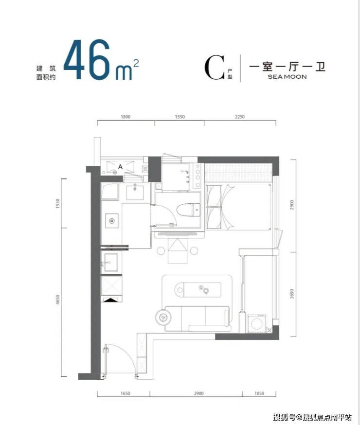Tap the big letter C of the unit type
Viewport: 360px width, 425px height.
click(x=215, y=68)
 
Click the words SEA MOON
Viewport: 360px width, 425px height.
click(x=287, y=77)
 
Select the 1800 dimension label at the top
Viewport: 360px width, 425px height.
click(x=125, y=117)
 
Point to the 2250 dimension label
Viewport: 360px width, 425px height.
click(x=240, y=117)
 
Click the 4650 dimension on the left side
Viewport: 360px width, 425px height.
click(x=57, y=299)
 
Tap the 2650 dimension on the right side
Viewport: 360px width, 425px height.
click(x=292, y=294)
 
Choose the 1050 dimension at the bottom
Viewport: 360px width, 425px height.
click(x=259, y=393)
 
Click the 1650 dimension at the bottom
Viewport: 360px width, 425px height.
click(x=125, y=393)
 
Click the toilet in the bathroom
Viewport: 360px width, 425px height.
click(x=188, y=210)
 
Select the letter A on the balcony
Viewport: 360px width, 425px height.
click(x=120, y=167)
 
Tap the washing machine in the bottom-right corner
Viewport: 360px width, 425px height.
click(x=256, y=323)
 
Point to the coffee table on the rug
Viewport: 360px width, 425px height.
click(x=198, y=289)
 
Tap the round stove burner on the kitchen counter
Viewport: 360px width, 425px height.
click(x=112, y=221)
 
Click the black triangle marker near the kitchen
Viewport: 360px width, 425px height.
click(x=111, y=300)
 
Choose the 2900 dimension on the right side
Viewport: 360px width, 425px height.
click(x=292, y=205)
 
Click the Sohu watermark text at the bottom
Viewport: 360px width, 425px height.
click(x=312, y=417)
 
